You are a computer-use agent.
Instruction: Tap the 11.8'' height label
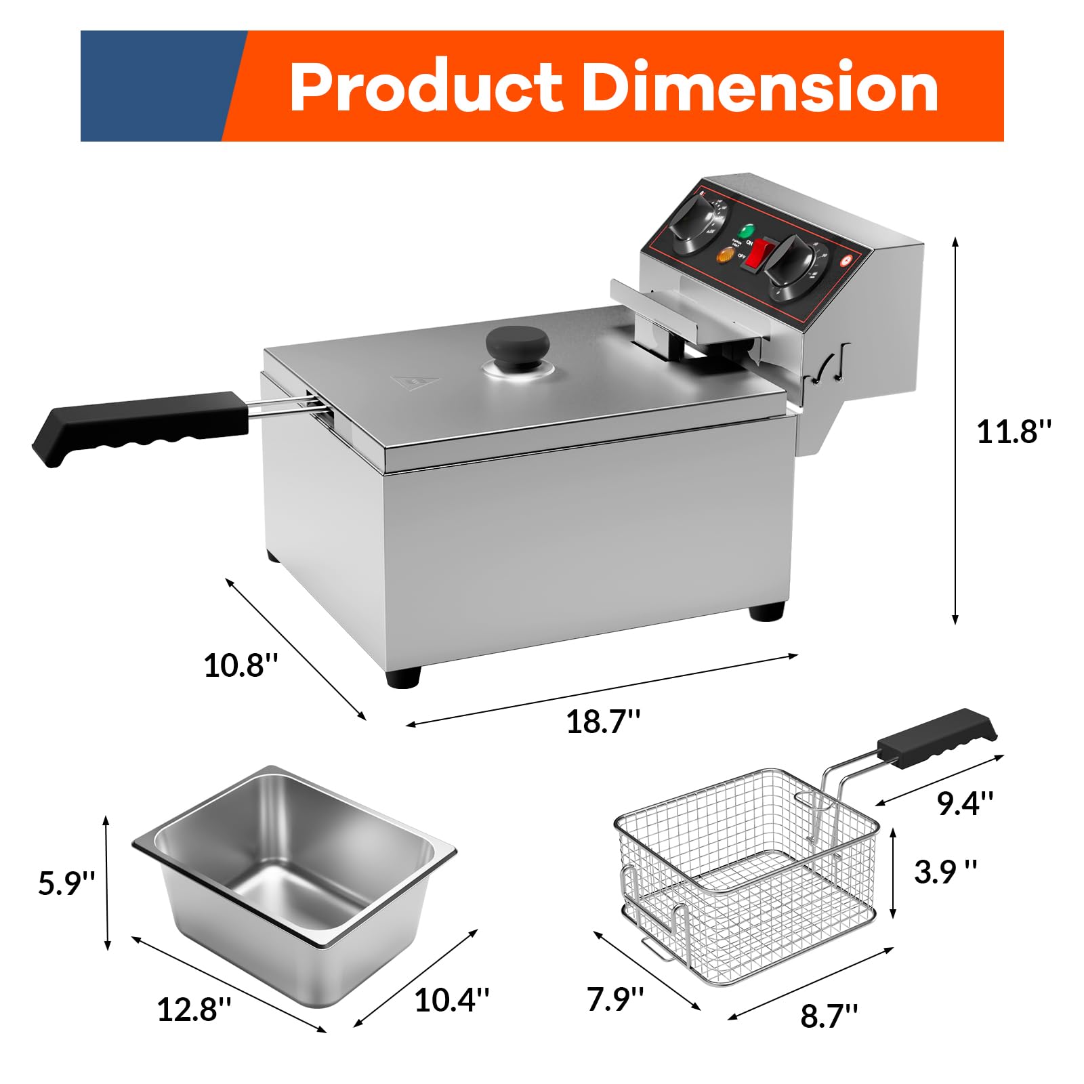coord(1014,432)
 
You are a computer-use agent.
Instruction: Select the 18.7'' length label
coord(602,722)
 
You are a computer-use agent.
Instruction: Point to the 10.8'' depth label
coord(241,665)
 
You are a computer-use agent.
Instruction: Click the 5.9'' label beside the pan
coord(66,883)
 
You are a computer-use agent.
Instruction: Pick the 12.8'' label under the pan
coord(194,1009)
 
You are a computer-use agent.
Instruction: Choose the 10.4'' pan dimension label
coord(451,999)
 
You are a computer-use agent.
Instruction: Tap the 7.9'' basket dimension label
coord(614,999)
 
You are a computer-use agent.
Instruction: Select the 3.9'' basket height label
coord(945,872)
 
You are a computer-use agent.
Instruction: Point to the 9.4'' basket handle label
coord(965,803)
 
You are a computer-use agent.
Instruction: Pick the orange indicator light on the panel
coord(725,256)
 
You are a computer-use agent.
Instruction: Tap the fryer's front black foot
coord(403,677)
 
